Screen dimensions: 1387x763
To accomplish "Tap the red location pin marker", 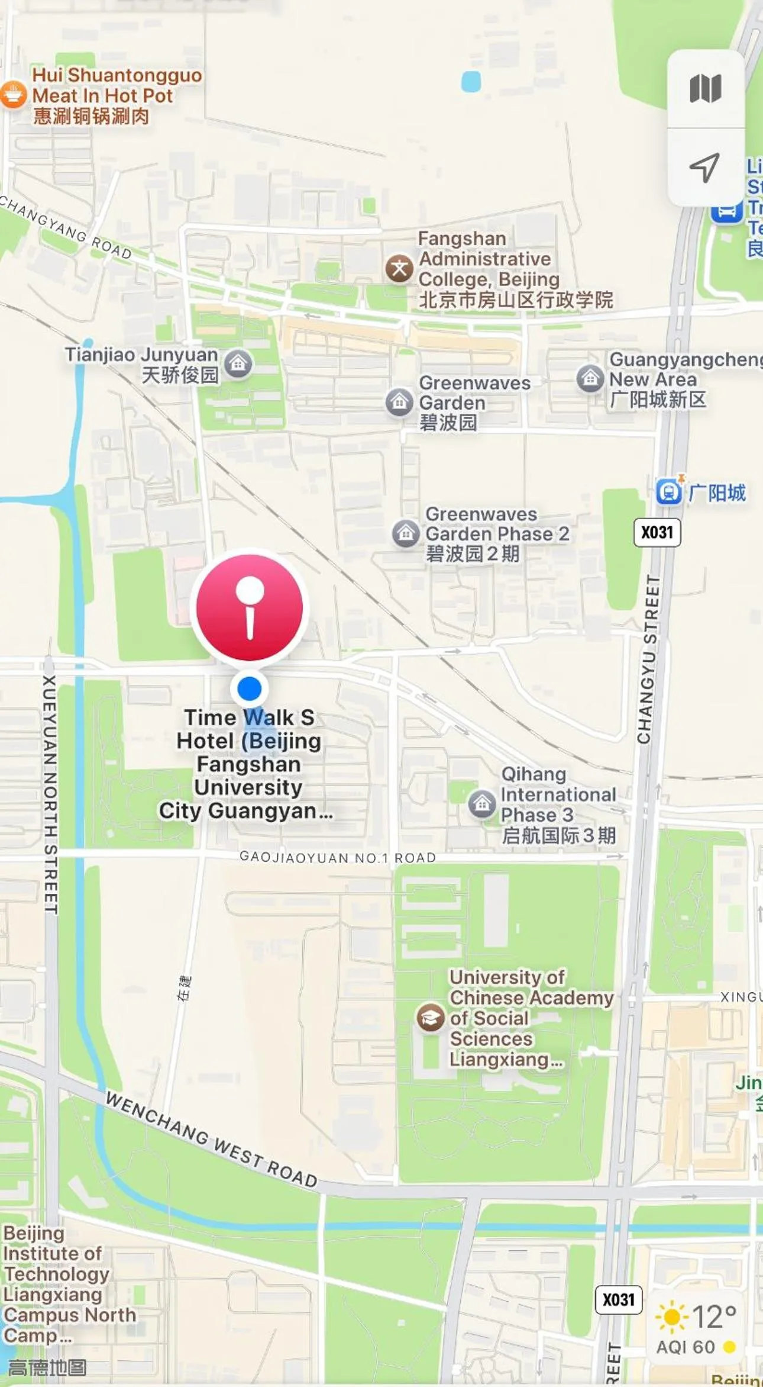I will coord(250,607).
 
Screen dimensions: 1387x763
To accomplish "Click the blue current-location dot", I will coord(249,688).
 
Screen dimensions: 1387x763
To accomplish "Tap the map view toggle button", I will coord(705,89).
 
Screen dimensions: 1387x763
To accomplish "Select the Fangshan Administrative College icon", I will coord(399,269).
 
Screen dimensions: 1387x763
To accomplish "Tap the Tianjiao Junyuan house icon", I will coord(238,364).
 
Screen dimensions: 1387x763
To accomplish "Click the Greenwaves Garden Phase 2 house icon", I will coord(406,533).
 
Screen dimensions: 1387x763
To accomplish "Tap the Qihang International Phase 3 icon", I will coord(482,804).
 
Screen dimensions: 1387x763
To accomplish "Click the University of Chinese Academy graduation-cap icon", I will coord(431,1018).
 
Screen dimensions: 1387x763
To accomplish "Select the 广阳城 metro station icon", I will coord(669,492).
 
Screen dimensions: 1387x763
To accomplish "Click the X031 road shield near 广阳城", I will coord(657,532).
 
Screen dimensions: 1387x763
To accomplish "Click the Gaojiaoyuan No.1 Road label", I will coord(337,857).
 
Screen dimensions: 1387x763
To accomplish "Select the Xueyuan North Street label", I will coord(50,793).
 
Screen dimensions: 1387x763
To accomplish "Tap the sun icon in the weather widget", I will coord(672,1317).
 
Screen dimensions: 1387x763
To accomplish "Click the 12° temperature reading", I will coord(714,1317).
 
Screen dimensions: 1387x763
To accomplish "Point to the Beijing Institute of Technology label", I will coord(56,1284).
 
